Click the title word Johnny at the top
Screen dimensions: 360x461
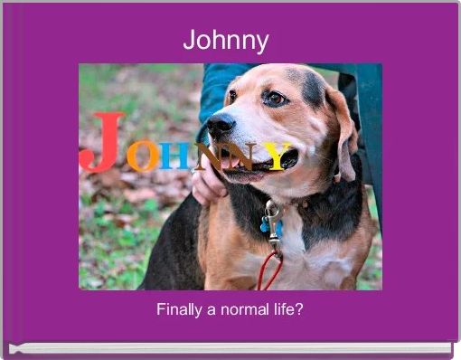point(226,41)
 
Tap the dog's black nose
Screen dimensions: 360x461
point(220,124)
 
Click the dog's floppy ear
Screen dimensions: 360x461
point(343,131)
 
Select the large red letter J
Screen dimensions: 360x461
point(103,143)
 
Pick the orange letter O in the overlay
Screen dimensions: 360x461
point(142,156)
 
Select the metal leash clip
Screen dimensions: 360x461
point(272,217)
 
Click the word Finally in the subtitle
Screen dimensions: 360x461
point(178,309)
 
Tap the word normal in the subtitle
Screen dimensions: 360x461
point(245,309)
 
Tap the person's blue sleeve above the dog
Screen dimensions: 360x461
point(217,86)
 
